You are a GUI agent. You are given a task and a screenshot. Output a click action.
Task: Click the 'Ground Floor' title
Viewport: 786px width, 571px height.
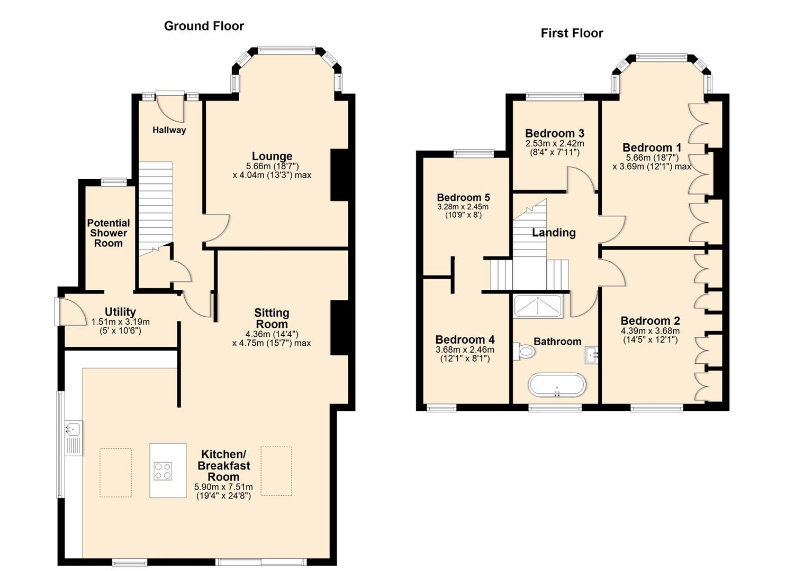[204, 26]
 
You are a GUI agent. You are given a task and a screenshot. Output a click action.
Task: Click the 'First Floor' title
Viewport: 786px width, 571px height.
[572, 33]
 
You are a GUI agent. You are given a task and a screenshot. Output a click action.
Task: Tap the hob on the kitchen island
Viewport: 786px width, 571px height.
[163, 471]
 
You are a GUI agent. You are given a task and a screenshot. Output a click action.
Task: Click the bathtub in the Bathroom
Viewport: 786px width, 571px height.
[557, 385]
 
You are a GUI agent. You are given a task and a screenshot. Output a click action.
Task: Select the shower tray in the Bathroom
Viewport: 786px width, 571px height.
[538, 307]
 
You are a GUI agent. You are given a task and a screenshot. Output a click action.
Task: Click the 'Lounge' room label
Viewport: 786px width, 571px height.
[272, 156]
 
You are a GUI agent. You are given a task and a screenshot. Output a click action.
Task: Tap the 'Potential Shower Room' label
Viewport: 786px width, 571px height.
[109, 233]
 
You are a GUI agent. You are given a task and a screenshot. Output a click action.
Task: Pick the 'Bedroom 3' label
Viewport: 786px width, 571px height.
[554, 133]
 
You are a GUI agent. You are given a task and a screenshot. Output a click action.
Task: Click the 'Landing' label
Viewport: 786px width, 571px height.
[554, 233]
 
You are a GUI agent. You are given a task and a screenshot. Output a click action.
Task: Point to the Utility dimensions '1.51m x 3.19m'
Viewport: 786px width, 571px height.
[121, 322]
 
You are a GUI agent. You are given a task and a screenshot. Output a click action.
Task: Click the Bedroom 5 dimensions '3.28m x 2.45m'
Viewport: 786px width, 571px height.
[463, 207]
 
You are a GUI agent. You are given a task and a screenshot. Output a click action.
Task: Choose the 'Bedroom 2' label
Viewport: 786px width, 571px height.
[650, 321]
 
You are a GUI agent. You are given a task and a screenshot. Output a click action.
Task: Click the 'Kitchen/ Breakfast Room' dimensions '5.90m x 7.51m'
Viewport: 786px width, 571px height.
[223, 487]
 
